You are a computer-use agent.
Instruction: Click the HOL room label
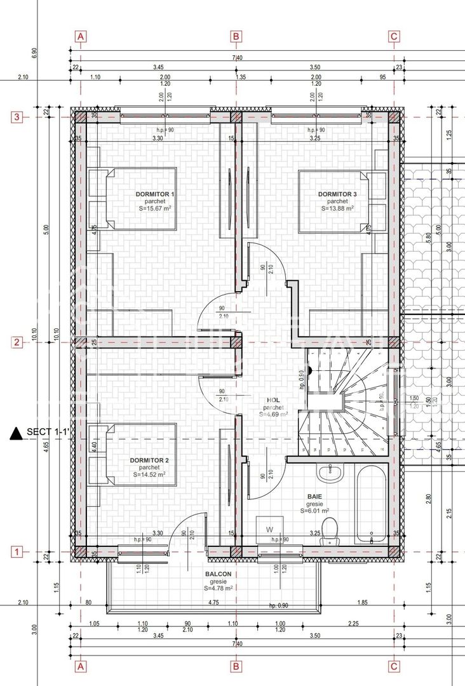click(273, 401)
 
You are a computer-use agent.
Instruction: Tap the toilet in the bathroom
click(328, 531)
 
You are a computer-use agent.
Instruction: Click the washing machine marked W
click(269, 528)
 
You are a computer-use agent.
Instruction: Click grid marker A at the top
click(80, 36)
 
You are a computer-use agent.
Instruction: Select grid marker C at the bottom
click(394, 666)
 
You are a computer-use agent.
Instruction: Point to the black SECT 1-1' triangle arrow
click(16, 433)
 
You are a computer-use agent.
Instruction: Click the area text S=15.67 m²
click(156, 208)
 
